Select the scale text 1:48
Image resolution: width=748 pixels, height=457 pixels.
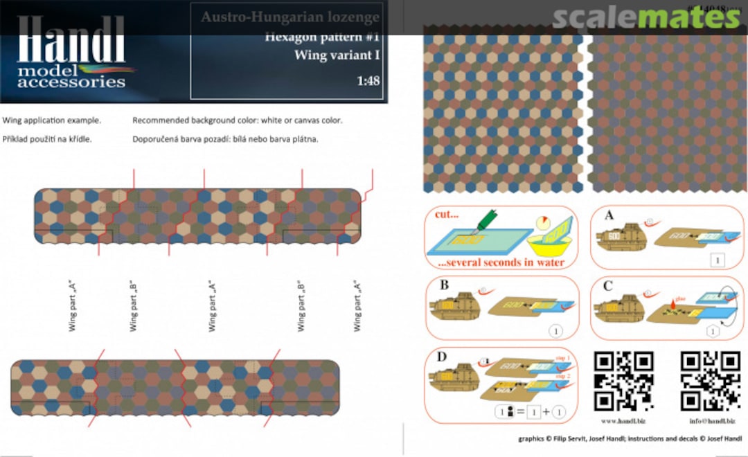coord(368,81)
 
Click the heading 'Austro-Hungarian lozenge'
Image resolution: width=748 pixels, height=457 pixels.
coord(290,17)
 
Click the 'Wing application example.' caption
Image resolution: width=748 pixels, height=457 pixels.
coord(52,120)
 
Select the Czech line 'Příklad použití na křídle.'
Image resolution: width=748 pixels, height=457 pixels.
coord(47,139)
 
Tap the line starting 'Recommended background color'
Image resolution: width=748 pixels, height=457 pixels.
coord(237,120)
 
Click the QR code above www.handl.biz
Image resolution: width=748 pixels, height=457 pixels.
coord(624,382)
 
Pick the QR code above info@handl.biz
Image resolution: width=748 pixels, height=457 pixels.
coord(710,382)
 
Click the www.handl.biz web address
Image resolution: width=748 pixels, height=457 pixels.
coord(623,420)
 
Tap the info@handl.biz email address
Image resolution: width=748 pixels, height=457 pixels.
coord(710,420)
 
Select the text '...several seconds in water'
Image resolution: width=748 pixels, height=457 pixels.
coord(501,262)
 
